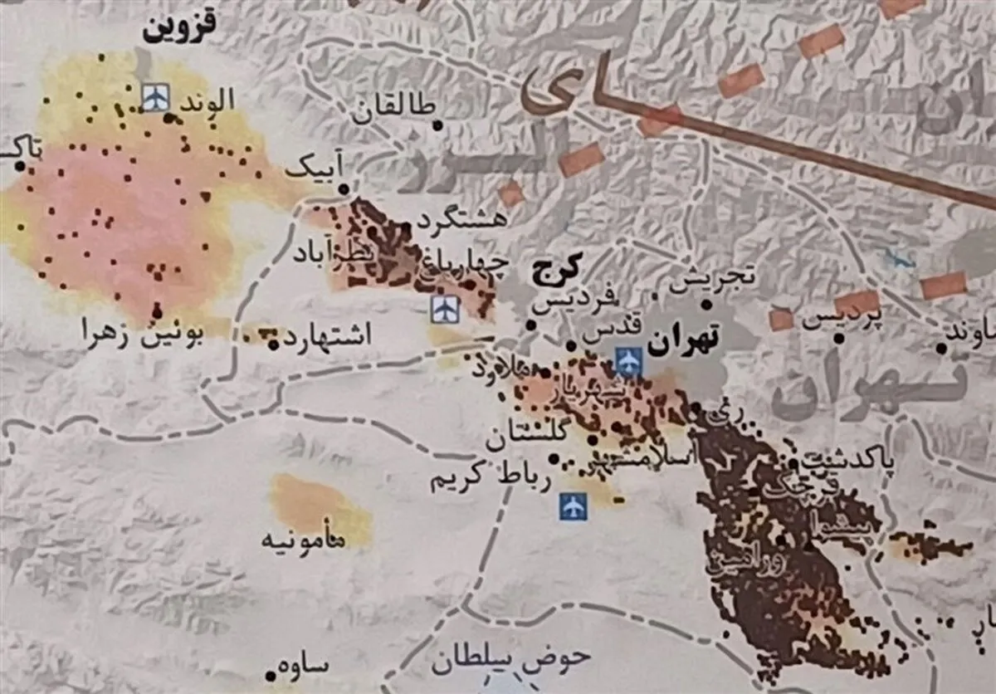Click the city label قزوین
tap(179, 27)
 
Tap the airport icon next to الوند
tap(155, 96)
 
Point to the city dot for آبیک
tap(343, 190)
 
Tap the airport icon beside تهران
tap(629, 360)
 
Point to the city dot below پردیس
tap(840, 338)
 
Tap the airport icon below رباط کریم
tap(573, 506)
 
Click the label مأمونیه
tap(305, 539)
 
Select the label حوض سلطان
tap(510, 659)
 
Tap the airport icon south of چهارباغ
tap(445, 310)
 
